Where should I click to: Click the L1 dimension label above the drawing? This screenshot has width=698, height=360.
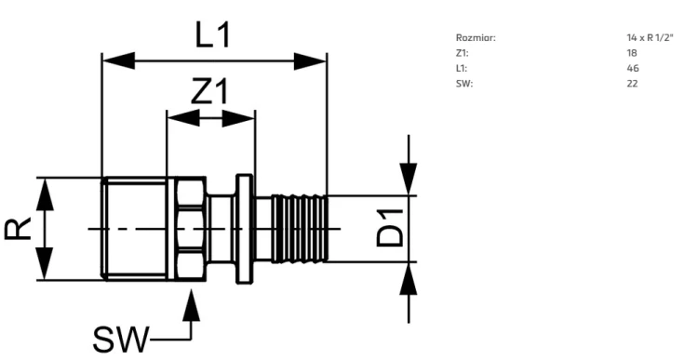[x=213, y=34]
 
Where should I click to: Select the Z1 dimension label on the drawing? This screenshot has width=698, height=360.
[x=209, y=91]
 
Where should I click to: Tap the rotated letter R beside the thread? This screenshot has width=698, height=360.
[x=18, y=229]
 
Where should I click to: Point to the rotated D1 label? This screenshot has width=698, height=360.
[x=390, y=228]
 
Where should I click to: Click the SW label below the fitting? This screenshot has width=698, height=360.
[x=120, y=340]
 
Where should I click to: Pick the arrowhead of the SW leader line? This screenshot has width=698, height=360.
[x=191, y=305]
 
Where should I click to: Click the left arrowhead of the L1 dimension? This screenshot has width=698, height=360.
[x=118, y=61]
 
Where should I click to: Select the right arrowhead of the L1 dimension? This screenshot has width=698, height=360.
[x=311, y=61]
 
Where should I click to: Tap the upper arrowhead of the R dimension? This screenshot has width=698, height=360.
[x=45, y=194]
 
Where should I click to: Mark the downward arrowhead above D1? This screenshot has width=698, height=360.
[x=409, y=179]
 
